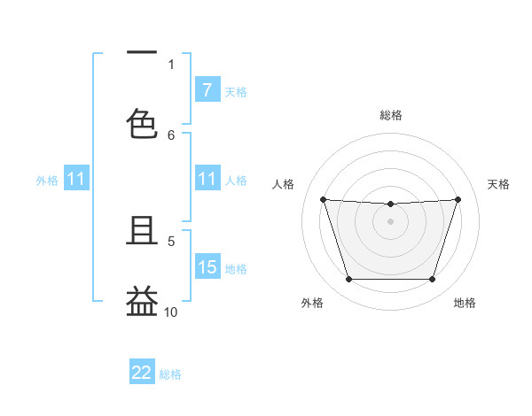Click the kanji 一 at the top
click(x=142, y=53)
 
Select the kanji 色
click(x=142, y=123)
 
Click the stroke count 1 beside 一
click(x=171, y=64)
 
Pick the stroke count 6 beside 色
click(x=171, y=135)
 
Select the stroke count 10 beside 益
click(x=171, y=312)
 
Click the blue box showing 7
click(x=207, y=90)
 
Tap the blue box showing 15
click(x=207, y=267)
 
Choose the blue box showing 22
click(x=142, y=373)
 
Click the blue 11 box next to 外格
click(x=76, y=180)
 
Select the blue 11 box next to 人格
click(x=207, y=180)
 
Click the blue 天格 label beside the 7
click(x=236, y=91)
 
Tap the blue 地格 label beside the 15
click(x=236, y=268)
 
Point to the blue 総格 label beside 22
click(x=170, y=374)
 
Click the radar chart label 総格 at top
click(x=391, y=115)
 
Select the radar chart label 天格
click(x=498, y=184)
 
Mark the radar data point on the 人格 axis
click(x=324, y=199)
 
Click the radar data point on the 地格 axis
click(x=432, y=280)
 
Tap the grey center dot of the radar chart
click(x=391, y=220)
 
